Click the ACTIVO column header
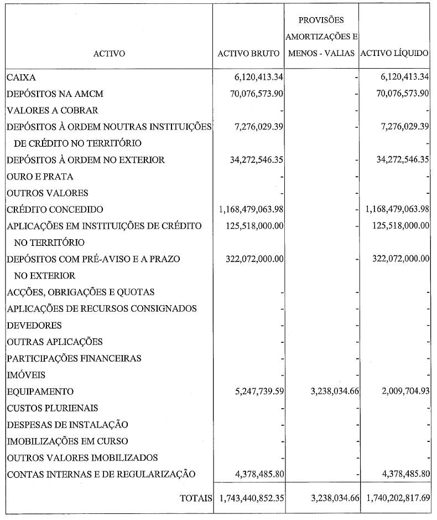109,54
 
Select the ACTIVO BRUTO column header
249,54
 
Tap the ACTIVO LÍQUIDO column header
394,54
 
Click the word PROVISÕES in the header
321,20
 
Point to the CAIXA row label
21,78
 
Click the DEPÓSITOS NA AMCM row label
55,94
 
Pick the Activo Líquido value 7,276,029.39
402,127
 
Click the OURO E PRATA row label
40,177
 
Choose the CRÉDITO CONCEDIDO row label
55,209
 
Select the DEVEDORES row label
34,325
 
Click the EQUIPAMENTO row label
40,392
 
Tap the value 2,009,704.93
402,392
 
